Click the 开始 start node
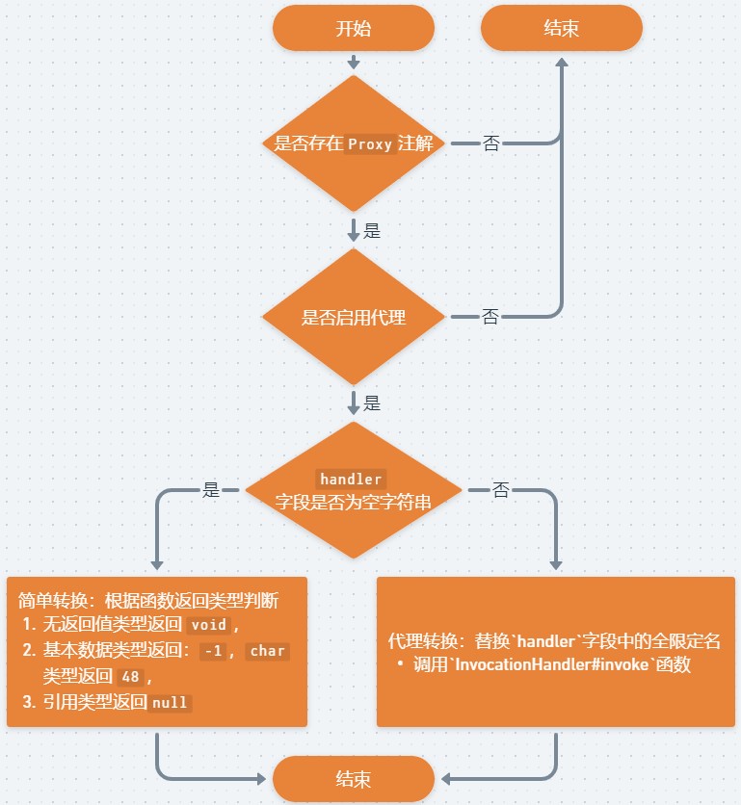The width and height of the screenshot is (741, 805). pos(353,28)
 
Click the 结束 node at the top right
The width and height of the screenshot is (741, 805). pos(561,28)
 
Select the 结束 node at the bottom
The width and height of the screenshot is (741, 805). pos(353,779)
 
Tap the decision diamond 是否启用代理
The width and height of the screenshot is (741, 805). pos(354,317)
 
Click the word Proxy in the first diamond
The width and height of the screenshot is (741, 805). pos(370,144)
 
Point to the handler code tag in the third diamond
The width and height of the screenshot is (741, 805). pos(352,479)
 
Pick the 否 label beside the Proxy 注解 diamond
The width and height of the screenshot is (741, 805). pos(491,144)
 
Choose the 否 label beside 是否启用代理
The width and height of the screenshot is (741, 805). pos(490,317)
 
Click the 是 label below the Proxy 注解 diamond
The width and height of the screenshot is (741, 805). pos(372,231)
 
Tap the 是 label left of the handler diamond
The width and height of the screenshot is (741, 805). pos(212,489)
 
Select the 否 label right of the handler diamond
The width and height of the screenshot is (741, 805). pos(501,490)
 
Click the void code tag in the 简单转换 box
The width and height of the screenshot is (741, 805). pos(208,624)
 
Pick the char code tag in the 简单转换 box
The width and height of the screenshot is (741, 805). pos(267,651)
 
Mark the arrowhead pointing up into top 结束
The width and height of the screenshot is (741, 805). pos(561,61)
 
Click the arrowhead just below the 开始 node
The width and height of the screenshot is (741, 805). pos(353,63)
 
